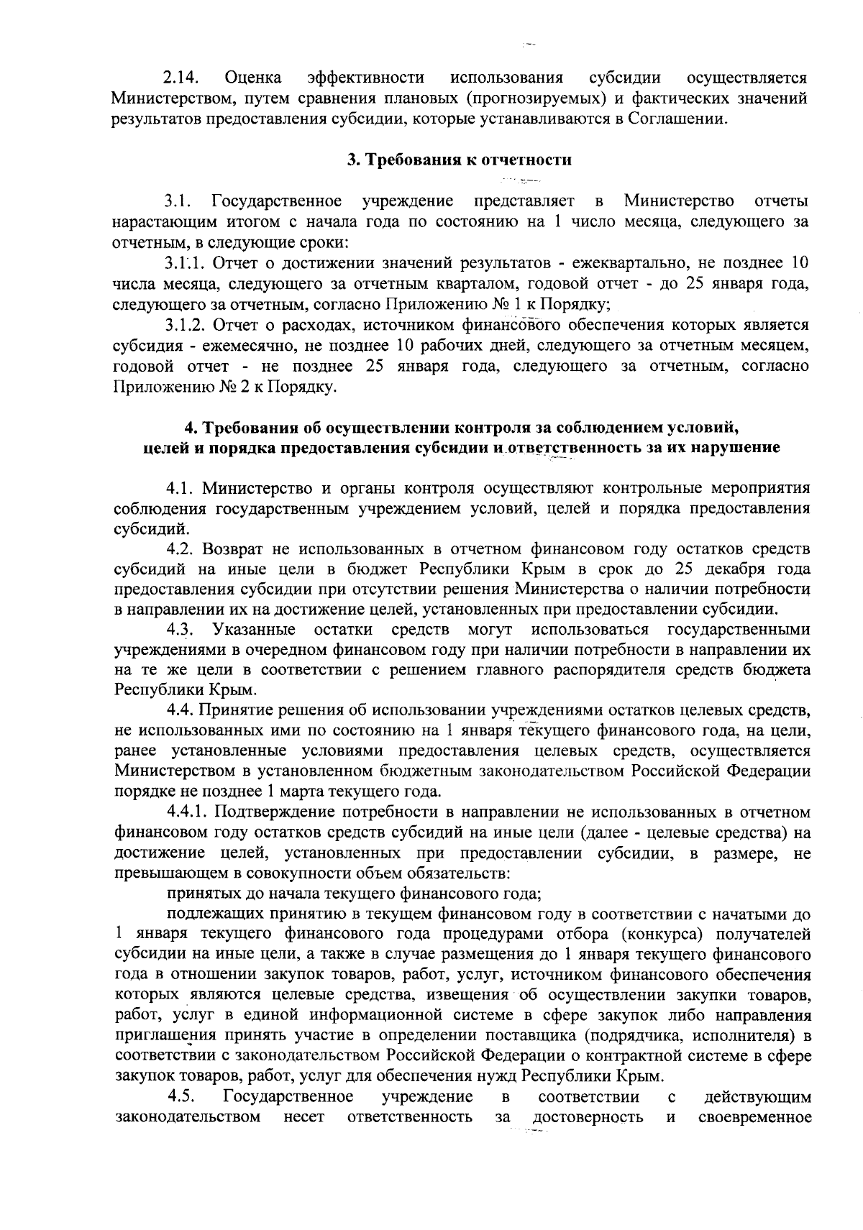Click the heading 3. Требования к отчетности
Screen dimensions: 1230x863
(460, 160)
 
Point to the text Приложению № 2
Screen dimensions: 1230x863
(173, 387)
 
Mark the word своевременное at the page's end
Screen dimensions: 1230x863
(755, 1139)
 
